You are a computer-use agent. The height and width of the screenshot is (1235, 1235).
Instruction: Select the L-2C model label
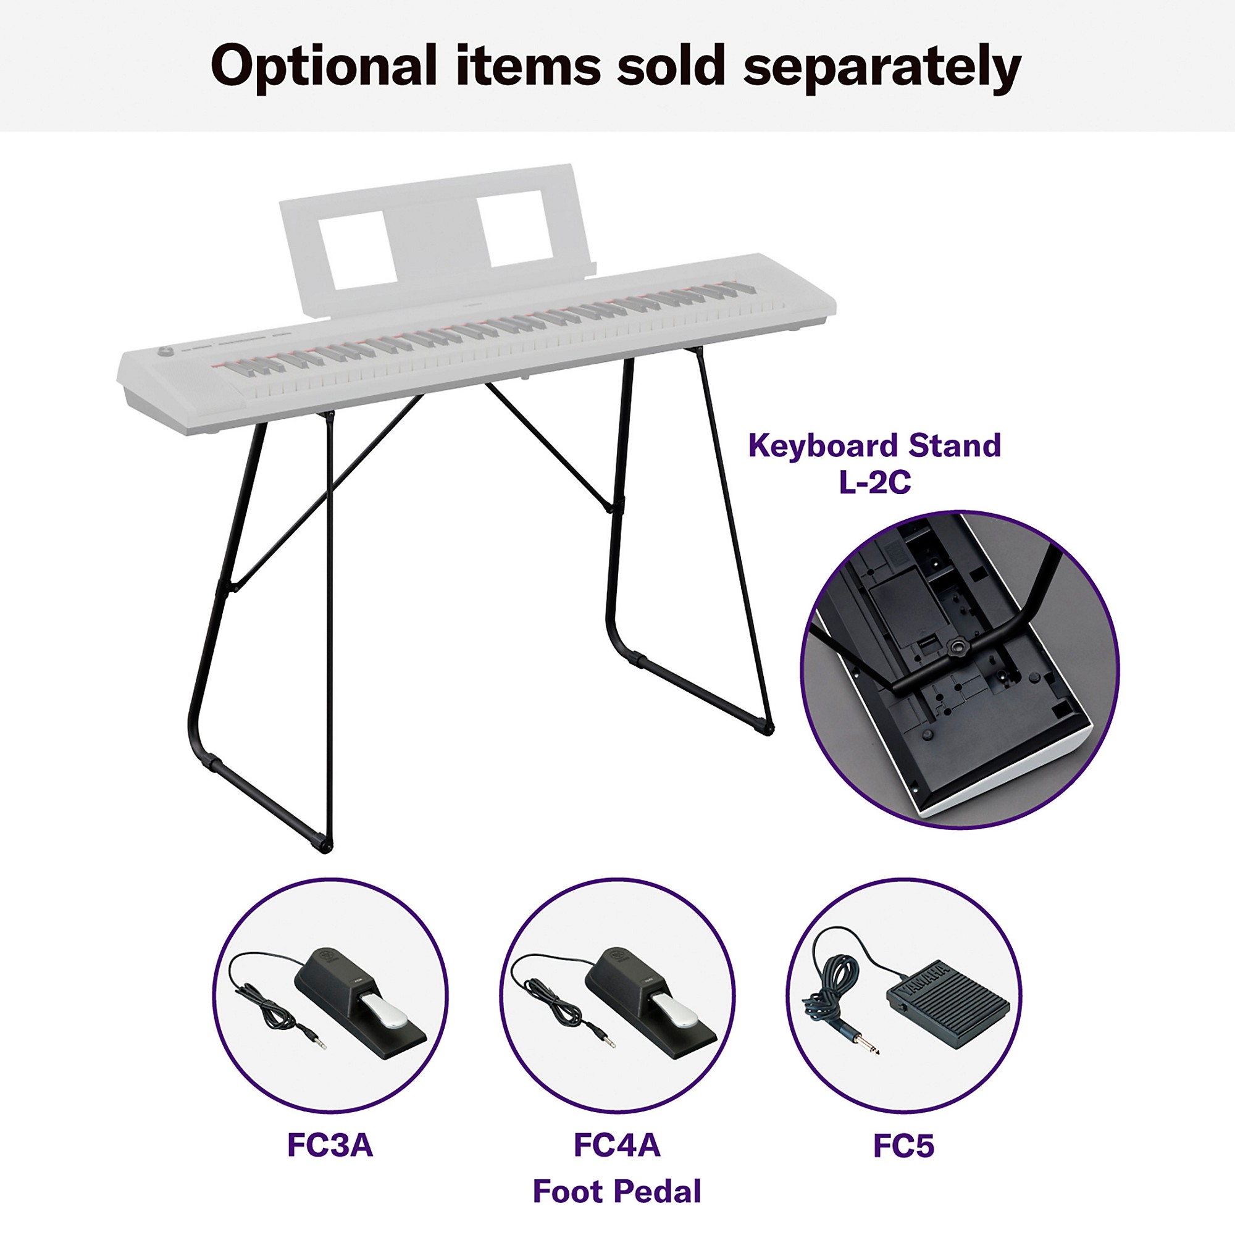click(x=875, y=483)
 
